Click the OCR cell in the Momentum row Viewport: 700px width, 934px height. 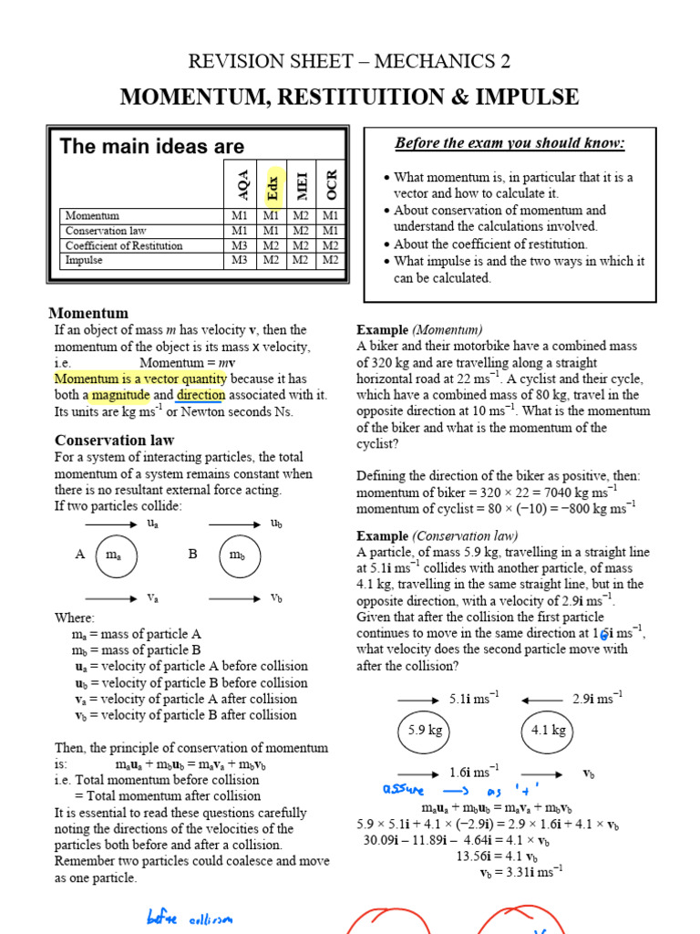[331, 216]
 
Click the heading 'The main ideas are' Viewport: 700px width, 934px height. [151, 146]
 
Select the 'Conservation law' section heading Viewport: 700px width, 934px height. [115, 440]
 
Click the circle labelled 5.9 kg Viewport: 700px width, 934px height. [424, 731]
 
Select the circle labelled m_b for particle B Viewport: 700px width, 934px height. [236, 555]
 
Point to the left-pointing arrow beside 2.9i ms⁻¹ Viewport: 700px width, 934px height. [543, 700]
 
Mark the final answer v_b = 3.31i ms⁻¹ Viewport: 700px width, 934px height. [520, 872]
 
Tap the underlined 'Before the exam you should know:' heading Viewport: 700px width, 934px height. [510, 143]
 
